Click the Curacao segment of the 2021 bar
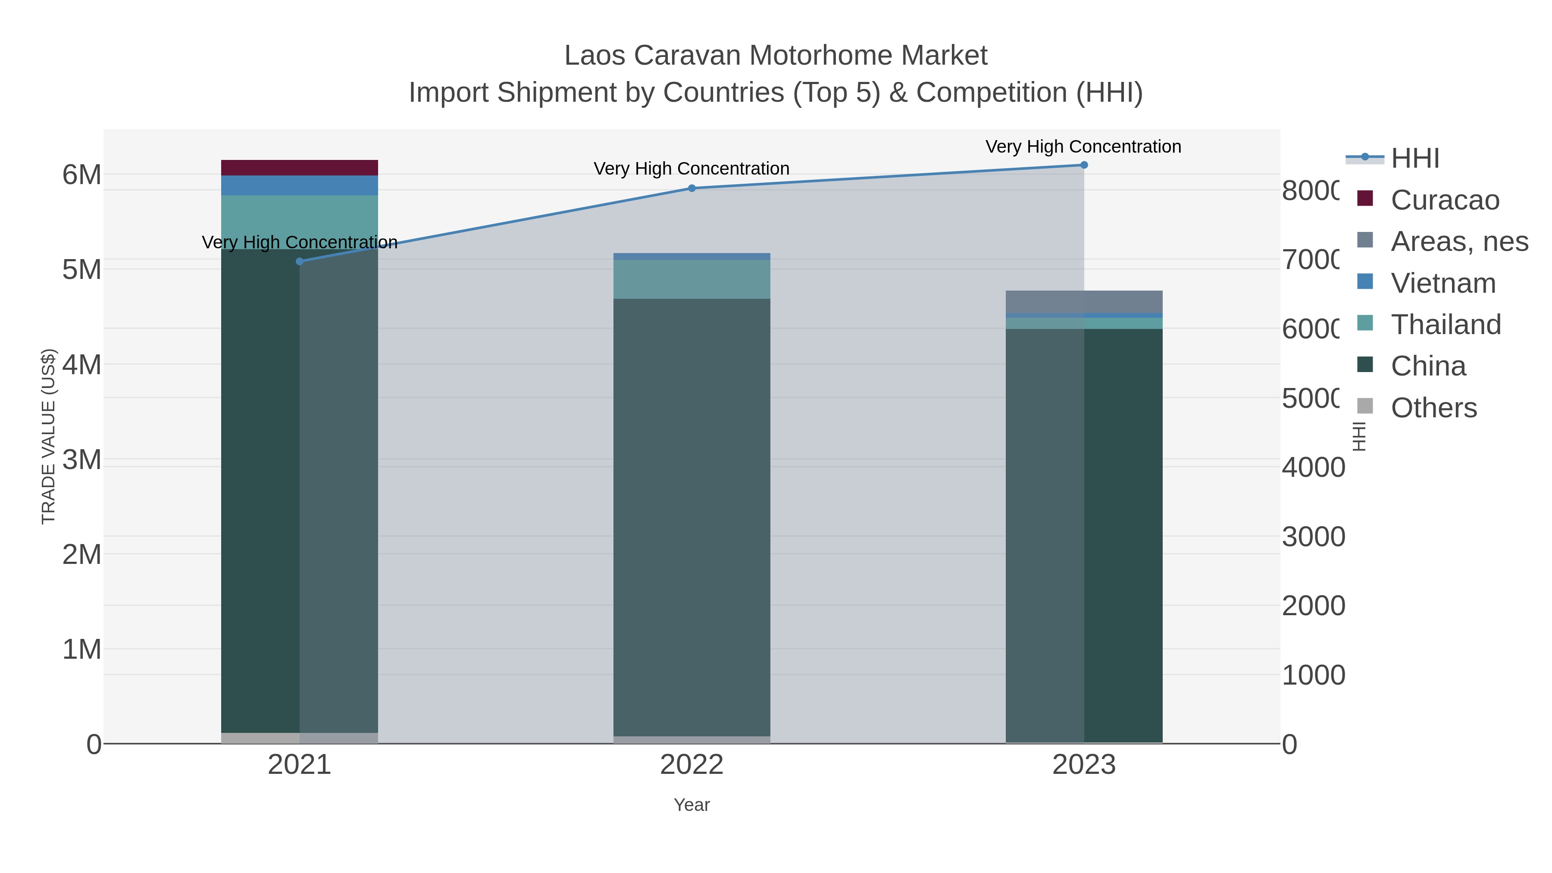[x=300, y=168]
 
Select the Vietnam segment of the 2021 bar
[x=300, y=185]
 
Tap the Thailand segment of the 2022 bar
[x=692, y=279]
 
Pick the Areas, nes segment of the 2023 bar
[x=1084, y=302]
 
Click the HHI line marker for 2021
[x=300, y=261]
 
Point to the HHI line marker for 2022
[x=692, y=188]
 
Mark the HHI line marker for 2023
[x=1084, y=165]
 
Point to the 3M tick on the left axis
[x=82, y=460]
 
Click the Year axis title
[x=692, y=805]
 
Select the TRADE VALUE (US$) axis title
[x=48, y=436]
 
